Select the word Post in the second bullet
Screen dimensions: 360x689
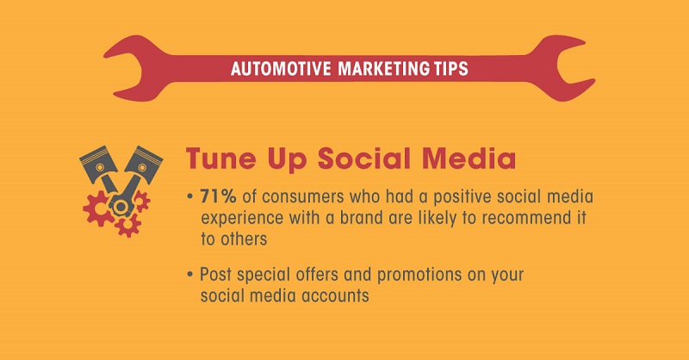click(215, 276)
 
